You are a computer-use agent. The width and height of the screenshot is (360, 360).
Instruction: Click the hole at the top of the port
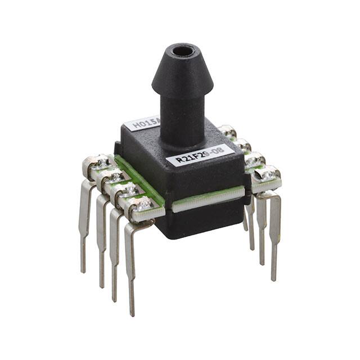point(182,51)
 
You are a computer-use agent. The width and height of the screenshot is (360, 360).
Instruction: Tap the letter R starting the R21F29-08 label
point(179,159)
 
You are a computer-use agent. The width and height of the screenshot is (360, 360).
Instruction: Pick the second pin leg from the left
point(102,236)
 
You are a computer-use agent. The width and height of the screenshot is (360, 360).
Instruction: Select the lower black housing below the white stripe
point(200,219)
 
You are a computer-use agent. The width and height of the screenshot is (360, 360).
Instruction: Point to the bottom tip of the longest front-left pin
point(133,313)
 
